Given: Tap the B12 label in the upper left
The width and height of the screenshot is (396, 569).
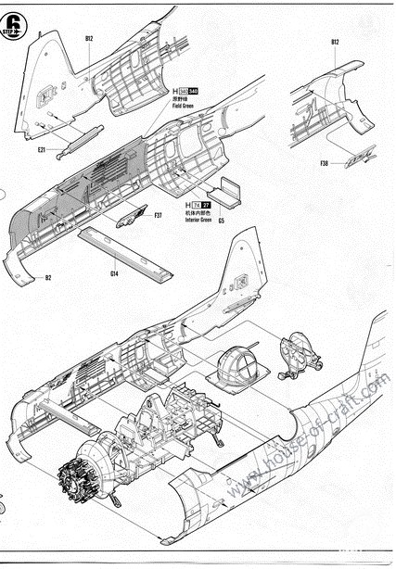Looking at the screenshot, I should [89, 39].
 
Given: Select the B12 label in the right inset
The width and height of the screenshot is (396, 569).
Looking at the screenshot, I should [335, 43].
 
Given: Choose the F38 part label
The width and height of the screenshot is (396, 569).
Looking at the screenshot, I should [324, 163].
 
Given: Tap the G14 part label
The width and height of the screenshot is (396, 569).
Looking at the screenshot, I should [113, 273].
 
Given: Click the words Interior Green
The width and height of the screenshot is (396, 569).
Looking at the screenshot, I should [200, 221].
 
